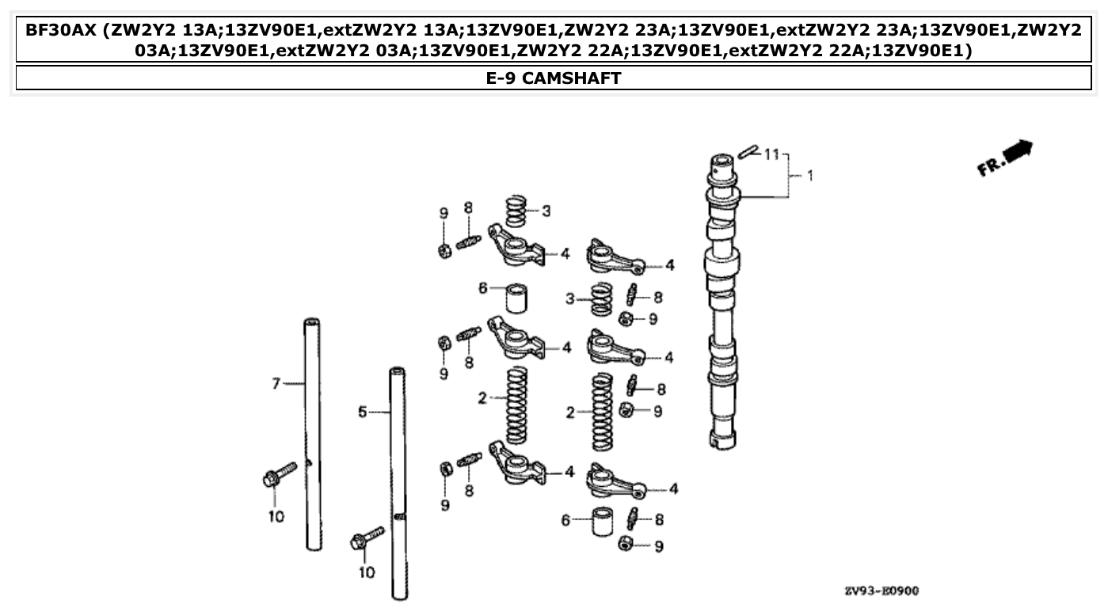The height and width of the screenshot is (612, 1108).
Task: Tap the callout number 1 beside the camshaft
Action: point(809,176)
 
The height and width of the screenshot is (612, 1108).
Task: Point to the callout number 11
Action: point(772,154)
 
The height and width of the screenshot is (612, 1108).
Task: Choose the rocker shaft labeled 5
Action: point(398,483)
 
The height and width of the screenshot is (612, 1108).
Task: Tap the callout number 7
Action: point(276,384)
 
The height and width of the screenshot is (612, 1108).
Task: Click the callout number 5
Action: point(362,412)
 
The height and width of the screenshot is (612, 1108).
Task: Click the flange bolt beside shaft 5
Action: point(366,539)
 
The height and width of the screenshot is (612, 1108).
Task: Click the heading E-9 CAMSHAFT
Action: point(554,78)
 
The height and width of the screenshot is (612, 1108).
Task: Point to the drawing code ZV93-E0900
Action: point(881,591)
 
